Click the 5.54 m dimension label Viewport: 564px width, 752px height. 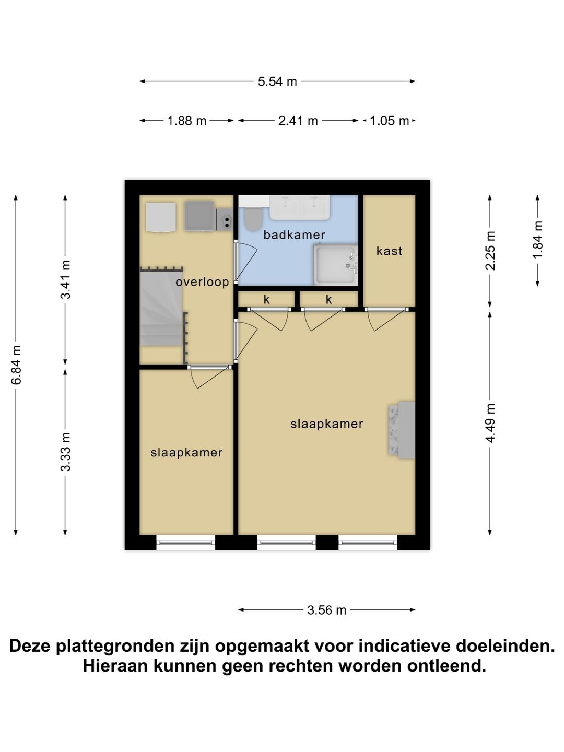(277, 81)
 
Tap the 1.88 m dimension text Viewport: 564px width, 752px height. (186, 121)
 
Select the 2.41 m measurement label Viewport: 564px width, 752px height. (298, 121)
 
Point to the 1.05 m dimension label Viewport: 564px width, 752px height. (389, 121)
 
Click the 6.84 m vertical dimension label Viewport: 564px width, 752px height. (16, 365)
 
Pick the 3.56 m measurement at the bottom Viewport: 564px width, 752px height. (326, 610)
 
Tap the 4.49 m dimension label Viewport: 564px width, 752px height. (490, 423)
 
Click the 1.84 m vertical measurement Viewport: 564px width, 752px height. (538, 240)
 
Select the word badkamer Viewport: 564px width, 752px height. (294, 235)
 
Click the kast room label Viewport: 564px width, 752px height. (389, 251)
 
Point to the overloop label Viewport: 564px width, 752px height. (202, 283)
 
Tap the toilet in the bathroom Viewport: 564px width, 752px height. (254, 219)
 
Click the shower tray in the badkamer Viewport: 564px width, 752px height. (335, 265)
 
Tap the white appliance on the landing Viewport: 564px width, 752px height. (161, 217)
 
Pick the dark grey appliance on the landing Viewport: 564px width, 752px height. (199, 216)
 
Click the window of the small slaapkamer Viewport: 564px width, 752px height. (186, 543)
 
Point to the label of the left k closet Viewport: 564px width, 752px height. (267, 300)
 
